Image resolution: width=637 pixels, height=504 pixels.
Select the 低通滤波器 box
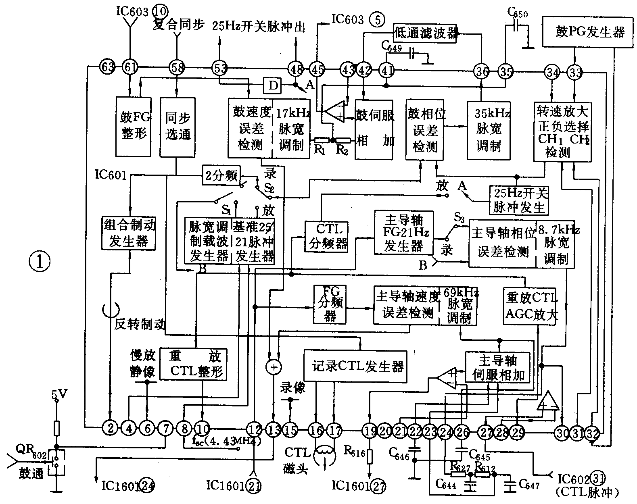coord(426,33)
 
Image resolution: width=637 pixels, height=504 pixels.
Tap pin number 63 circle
coord(108,67)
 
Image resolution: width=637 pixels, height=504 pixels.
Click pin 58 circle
coord(176,67)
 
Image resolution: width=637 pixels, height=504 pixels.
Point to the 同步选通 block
coord(178,126)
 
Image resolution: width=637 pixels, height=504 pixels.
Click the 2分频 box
coord(221,176)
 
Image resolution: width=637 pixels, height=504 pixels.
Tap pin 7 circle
coord(165,427)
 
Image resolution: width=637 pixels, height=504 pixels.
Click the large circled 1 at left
coord(39,262)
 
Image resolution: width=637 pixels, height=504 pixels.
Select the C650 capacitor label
coord(517,15)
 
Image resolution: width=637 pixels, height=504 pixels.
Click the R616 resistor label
coord(355,448)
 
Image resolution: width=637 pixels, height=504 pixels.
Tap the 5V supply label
coord(57,393)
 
